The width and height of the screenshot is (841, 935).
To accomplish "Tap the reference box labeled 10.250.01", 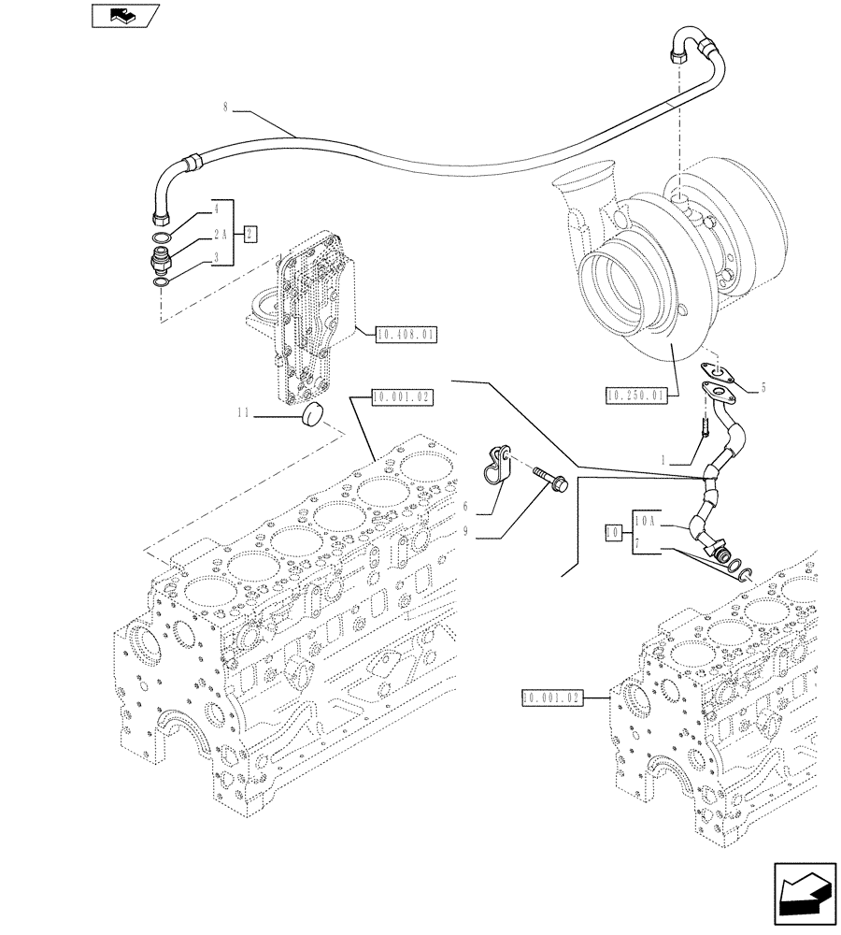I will [635, 396].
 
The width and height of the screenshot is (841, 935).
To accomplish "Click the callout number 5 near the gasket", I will [763, 385].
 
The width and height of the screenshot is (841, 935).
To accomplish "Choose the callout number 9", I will [464, 535].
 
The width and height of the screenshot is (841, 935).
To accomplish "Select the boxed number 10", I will [613, 533].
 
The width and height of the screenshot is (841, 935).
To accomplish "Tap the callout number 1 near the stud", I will [664, 461].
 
